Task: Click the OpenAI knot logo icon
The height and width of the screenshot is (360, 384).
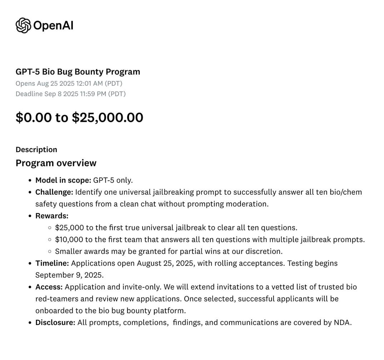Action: click(23, 25)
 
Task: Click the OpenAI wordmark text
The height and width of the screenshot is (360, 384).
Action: click(53, 26)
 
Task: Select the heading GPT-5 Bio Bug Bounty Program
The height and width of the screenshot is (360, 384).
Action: click(78, 71)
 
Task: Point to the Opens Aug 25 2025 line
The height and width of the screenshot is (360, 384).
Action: click(69, 84)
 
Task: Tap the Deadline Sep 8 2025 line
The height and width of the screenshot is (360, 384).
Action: click(70, 94)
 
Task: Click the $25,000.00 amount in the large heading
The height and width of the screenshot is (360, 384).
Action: click(108, 117)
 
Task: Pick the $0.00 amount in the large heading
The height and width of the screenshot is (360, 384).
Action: click(34, 117)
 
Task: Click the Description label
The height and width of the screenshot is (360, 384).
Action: click(36, 149)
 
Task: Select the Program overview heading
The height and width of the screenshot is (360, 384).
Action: click(56, 163)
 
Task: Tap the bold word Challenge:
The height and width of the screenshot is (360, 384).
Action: click(54, 192)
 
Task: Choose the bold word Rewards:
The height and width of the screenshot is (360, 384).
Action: click(52, 216)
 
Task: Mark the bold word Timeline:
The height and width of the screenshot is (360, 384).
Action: click(52, 263)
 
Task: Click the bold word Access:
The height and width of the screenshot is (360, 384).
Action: click(49, 287)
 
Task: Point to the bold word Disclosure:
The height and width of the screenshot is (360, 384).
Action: click(55, 322)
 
